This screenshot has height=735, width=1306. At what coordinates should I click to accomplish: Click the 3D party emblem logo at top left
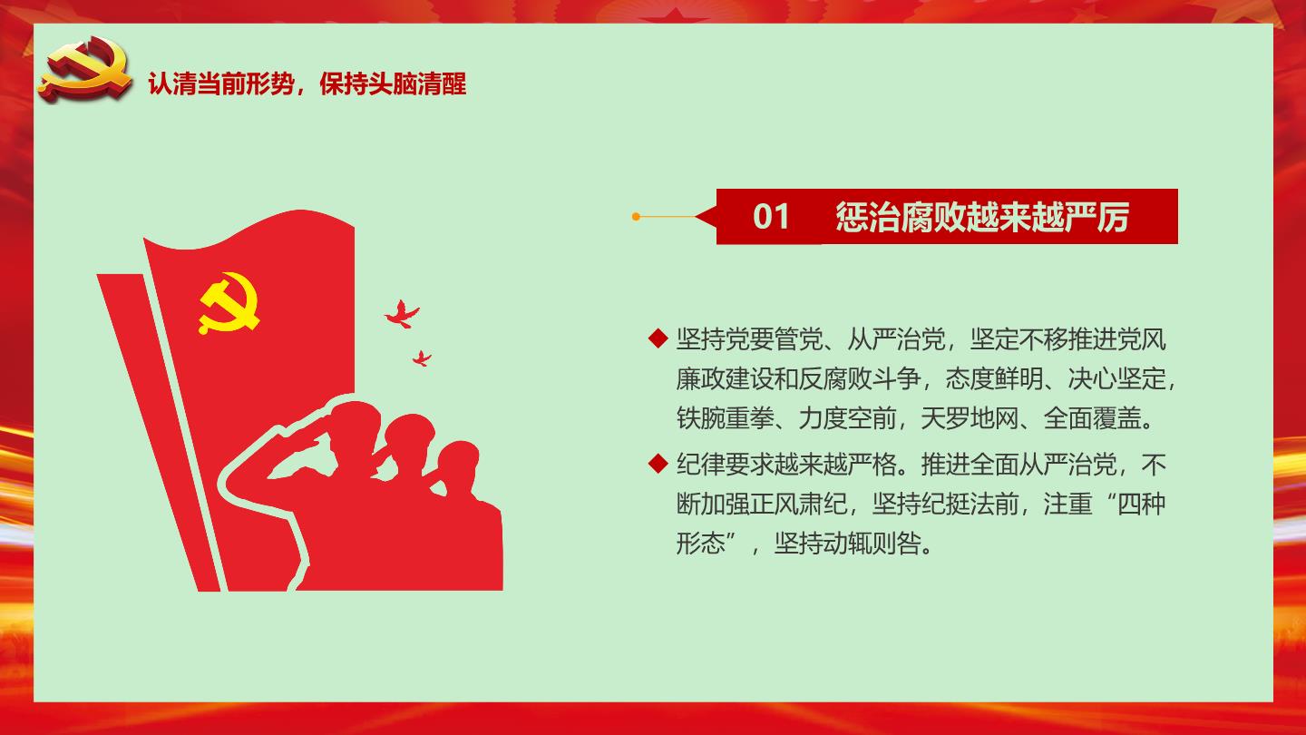(85, 69)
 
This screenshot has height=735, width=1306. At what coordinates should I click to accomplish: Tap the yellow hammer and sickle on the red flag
(229, 303)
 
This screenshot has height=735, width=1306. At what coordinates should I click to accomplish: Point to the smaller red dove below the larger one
(422, 358)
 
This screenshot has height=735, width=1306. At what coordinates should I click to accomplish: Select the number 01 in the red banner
(771, 217)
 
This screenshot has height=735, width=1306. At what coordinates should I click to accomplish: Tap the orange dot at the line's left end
(636, 217)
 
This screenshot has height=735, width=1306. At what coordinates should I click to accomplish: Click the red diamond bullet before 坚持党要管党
(658, 338)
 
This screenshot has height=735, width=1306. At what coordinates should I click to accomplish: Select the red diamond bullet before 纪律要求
(658, 464)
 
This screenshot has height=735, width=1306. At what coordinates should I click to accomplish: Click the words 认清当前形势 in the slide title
(221, 84)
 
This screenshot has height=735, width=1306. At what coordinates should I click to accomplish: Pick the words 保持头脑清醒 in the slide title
(393, 84)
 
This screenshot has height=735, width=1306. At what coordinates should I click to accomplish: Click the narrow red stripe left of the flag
(158, 432)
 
